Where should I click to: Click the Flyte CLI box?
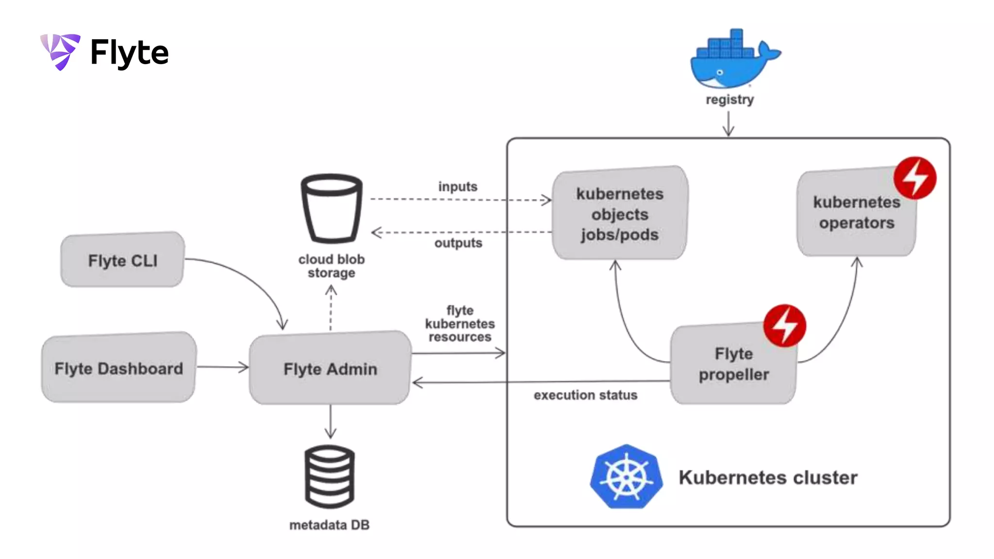point(122,260)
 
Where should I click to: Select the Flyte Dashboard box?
point(119,368)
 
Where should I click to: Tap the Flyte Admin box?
point(330,368)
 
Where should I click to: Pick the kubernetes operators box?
point(856,213)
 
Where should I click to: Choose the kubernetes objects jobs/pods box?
point(620,214)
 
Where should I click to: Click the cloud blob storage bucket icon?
point(331,208)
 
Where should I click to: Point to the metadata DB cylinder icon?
point(330,476)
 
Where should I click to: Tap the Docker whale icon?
point(733,60)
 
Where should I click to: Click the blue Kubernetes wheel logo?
point(626,477)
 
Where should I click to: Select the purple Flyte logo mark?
point(61,51)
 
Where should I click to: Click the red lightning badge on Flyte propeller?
point(784,326)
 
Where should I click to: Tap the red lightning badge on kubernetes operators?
point(915,178)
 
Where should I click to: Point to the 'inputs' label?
point(458,186)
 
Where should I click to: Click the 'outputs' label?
point(458,243)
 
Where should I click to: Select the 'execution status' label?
point(585,395)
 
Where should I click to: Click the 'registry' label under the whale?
point(729,99)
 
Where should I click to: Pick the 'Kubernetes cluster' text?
point(768,477)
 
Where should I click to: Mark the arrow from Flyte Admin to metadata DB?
point(331,421)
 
